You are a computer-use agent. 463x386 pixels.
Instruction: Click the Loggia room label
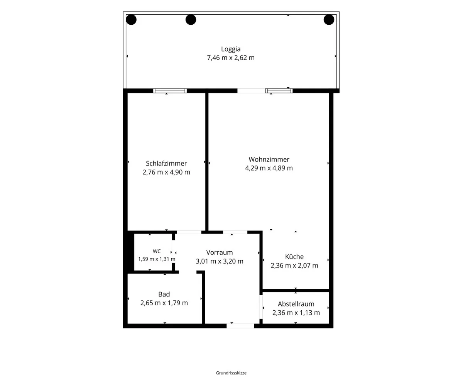[231, 49]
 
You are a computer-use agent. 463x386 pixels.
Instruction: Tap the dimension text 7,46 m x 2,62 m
[231, 58]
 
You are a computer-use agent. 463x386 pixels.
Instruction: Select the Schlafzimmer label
[166, 164]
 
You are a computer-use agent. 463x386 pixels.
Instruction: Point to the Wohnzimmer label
[269, 159]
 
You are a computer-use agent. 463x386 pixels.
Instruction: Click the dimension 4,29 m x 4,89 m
[269, 168]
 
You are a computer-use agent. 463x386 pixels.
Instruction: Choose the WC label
[157, 251]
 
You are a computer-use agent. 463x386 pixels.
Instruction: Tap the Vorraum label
[220, 252]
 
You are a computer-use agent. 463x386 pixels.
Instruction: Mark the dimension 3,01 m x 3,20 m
[220, 261]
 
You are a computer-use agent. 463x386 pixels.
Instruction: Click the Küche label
[294, 257]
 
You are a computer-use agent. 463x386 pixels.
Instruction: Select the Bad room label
[164, 294]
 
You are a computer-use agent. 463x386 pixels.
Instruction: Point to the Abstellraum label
[296, 304]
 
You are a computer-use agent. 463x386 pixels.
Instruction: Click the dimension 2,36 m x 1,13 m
[296, 313]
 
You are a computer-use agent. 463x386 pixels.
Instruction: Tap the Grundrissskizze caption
[231, 373]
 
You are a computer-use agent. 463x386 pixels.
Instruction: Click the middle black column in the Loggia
[191, 20]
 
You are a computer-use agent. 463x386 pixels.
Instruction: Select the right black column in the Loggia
[329, 20]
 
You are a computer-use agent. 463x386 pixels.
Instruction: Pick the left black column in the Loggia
[131, 20]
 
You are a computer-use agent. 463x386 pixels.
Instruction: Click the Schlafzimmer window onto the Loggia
[170, 91]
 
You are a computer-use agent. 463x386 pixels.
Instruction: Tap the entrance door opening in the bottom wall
[240, 326]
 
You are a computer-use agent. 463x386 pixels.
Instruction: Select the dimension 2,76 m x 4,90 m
[166, 173]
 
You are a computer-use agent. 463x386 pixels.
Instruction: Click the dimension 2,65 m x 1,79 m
[164, 303]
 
